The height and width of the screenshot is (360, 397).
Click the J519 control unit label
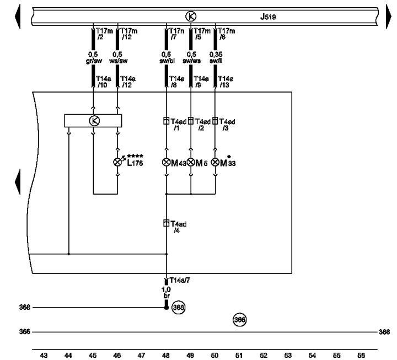pyautogui.click(x=269, y=17)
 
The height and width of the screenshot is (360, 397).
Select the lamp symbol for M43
pyautogui.click(x=167, y=162)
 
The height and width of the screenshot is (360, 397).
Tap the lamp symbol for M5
pyautogui.click(x=191, y=162)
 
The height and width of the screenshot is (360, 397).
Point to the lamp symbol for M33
pyautogui.click(x=215, y=162)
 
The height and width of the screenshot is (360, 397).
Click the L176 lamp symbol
pyautogui.click(x=117, y=162)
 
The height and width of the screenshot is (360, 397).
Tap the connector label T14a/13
pyautogui.click(x=226, y=82)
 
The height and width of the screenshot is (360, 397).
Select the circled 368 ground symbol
pyautogui.click(x=178, y=307)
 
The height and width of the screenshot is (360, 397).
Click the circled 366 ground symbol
pyautogui.click(x=239, y=319)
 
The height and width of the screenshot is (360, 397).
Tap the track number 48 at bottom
pyautogui.click(x=166, y=356)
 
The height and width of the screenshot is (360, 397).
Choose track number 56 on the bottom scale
pyautogui.click(x=361, y=356)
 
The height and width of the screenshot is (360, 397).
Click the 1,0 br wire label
pyautogui.click(x=167, y=292)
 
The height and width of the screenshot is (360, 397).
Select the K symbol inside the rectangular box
pyautogui.click(x=93, y=121)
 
